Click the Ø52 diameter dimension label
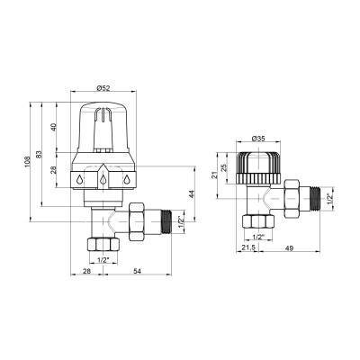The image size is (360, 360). tap(103, 88)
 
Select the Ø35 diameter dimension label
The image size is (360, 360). tap(259, 139)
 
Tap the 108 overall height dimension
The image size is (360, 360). tap(28, 162)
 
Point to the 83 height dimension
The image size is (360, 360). tap(40, 155)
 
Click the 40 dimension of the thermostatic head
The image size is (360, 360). tap(54, 128)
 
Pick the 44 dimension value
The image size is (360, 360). tap(193, 194)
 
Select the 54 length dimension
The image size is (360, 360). tap(137, 271)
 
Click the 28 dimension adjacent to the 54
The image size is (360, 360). tap(86, 271)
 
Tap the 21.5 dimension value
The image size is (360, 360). tap(248, 247)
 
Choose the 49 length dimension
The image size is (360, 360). tap(290, 247)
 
